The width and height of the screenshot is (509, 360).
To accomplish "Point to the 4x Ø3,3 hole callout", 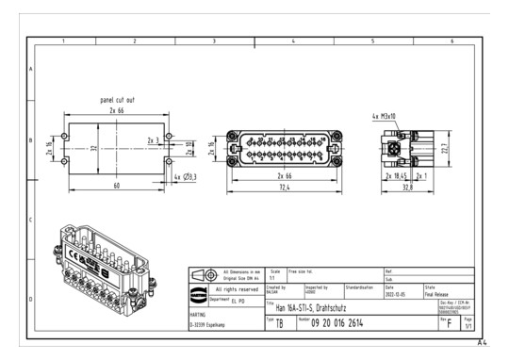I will click(185, 176).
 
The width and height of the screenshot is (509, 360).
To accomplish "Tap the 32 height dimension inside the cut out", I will click(93, 147).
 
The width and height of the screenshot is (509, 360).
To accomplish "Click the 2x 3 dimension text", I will click(153, 139).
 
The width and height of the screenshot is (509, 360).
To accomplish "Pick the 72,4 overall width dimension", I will click(283, 187).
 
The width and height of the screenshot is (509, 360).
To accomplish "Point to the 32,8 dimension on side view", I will click(402, 187).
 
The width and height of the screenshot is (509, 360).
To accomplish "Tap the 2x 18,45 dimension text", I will click(397, 175).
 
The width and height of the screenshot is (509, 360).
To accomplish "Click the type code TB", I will click(279, 323).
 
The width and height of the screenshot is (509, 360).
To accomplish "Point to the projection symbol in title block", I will click(202, 275).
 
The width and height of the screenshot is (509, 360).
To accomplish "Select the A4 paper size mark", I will click(482, 343).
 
